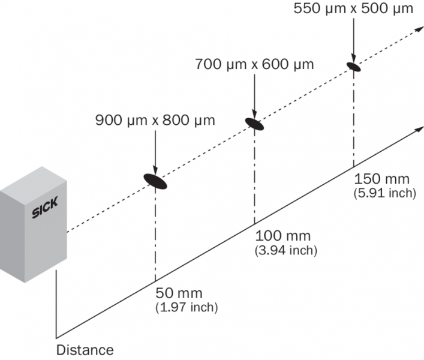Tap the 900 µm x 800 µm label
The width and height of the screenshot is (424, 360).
tap(155, 121)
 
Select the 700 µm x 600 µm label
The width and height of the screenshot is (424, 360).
tap(255, 64)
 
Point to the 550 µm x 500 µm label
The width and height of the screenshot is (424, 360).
tap(353, 10)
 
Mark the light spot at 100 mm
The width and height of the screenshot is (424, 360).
tap(255, 123)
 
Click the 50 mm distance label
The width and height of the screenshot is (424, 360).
tap(179, 294)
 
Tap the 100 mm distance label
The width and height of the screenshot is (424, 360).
tap(281, 236)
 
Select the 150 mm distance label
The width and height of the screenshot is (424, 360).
tap(382, 179)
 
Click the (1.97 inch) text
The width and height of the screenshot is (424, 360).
tap(186, 308)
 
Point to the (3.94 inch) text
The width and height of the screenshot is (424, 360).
tap(285, 250)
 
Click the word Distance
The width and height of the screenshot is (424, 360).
tap(85, 349)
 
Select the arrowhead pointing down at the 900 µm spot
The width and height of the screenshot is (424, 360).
tap(155, 169)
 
